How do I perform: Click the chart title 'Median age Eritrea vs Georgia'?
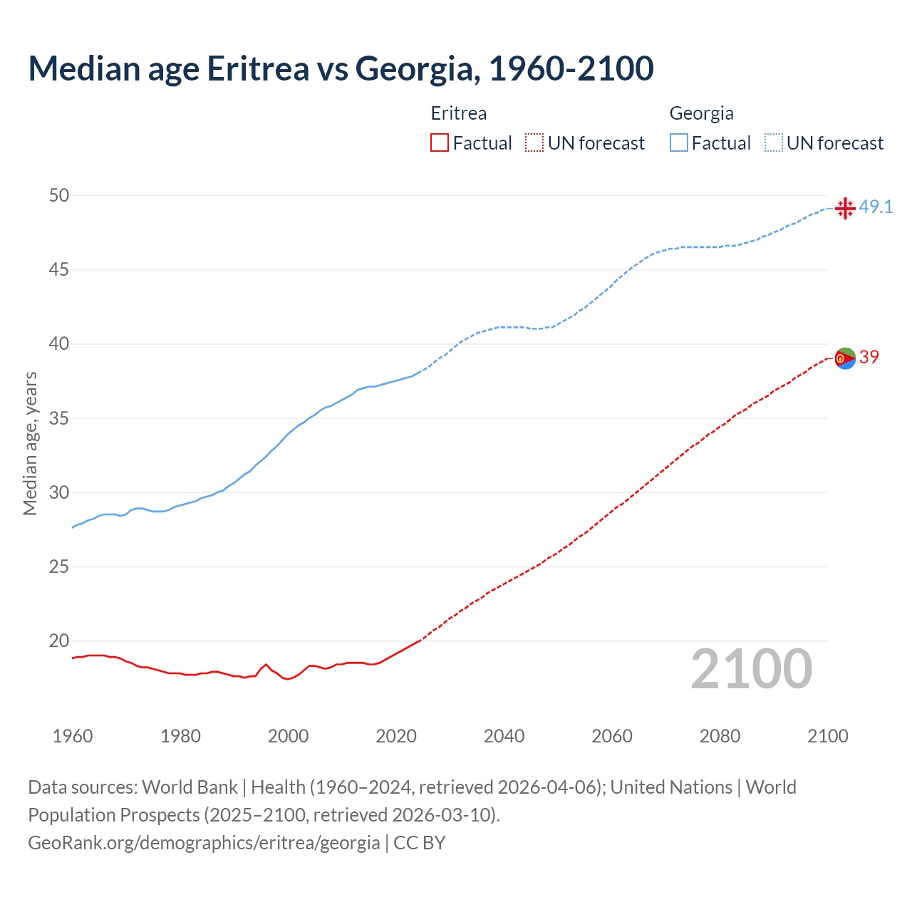coord(341,68)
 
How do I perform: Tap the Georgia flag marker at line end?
coord(845,208)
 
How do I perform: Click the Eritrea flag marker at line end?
coord(845,358)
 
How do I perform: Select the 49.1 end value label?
coord(876,207)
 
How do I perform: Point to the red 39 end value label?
coord(869,357)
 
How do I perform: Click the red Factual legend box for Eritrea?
coord(440,143)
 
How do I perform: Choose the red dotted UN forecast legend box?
coord(534,143)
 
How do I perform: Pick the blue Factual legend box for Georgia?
coord(679,143)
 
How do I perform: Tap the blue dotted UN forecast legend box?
coord(773,143)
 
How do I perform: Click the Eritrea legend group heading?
coord(459,113)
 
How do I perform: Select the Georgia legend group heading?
coord(701,113)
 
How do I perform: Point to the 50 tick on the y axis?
coord(59,195)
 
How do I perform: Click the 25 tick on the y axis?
coord(59,567)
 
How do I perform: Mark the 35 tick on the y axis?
coord(59,418)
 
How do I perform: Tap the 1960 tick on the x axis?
coord(73,736)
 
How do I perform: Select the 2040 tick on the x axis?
coord(504,736)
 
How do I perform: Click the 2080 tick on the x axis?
coord(720,736)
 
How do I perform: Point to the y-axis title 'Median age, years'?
coord(30,443)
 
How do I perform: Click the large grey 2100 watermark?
coord(751,669)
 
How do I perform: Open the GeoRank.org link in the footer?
coord(204,843)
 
